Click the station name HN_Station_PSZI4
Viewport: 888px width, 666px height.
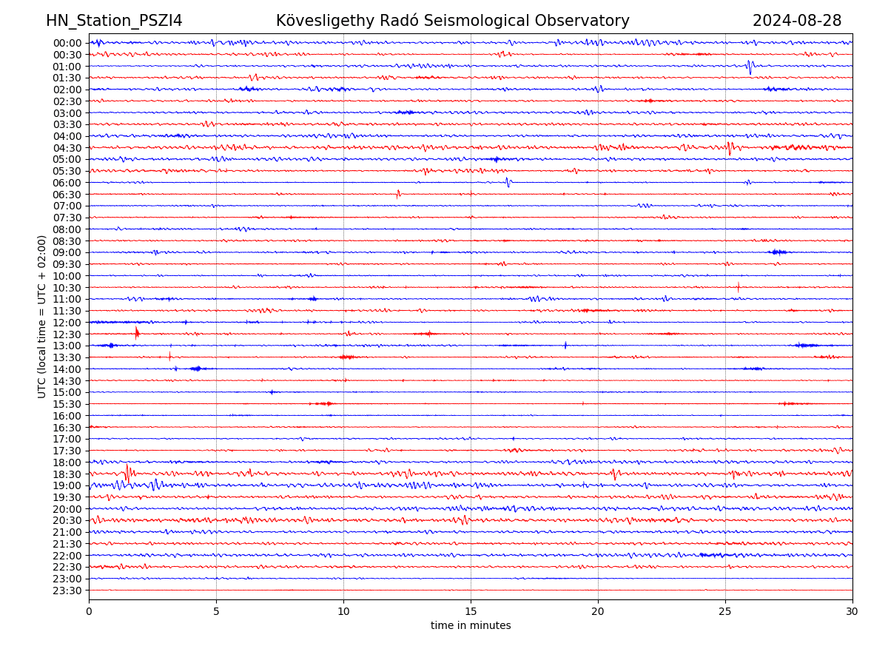click(114, 21)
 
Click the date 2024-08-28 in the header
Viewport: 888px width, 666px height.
click(797, 21)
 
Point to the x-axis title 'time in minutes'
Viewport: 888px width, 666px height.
click(471, 625)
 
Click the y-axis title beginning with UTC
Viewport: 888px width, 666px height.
click(42, 316)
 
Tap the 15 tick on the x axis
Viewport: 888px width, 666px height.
click(471, 611)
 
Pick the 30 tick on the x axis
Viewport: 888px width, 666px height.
click(852, 611)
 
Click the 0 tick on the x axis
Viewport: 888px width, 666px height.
click(89, 611)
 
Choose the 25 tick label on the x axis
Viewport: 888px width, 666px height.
click(725, 611)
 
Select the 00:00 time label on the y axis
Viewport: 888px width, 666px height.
click(67, 43)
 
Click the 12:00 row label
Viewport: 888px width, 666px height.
click(67, 323)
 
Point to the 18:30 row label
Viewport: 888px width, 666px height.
click(67, 474)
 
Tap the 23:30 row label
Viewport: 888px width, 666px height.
click(67, 591)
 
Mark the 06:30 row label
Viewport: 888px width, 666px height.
click(67, 195)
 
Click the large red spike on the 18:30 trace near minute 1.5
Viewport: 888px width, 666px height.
click(127, 472)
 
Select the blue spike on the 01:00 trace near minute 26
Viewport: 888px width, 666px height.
click(750, 67)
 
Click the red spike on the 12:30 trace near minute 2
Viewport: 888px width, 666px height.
click(137, 333)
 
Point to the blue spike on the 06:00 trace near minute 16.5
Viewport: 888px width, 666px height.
click(508, 181)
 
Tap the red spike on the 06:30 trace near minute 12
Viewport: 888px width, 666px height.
click(398, 194)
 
